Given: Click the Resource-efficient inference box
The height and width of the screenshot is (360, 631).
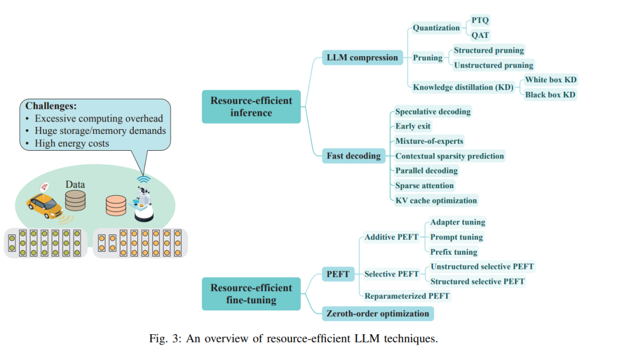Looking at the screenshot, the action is [251, 107].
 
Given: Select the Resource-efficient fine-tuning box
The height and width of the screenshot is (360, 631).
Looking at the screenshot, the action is [251, 294].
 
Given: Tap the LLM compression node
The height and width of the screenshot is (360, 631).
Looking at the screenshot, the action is [362, 58].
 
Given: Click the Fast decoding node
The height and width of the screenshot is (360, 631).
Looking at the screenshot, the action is [353, 156].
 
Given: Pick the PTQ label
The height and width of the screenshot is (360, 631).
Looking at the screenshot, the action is [480, 20].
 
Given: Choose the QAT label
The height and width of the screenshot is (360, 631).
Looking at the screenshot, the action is [480, 35].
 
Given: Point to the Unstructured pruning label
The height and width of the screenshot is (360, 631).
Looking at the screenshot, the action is [493, 65].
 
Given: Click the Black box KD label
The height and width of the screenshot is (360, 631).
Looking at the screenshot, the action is [550, 95].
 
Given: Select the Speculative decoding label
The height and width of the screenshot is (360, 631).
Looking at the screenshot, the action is [432, 112].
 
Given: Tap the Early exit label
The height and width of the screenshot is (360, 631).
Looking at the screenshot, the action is [413, 126].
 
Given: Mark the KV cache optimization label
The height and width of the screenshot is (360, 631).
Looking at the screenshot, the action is [436, 200].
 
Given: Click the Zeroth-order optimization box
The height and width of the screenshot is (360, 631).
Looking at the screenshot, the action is [378, 314].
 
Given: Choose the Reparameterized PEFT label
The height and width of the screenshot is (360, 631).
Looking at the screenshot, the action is [407, 296].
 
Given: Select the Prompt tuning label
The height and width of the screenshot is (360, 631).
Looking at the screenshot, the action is [456, 237].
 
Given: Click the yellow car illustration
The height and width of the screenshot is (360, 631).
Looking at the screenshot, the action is [45, 205].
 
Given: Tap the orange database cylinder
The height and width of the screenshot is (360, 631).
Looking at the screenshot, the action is [116, 205].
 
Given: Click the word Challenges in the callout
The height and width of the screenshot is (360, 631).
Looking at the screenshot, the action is [51, 106].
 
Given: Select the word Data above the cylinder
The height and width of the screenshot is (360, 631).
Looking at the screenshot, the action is [75, 185].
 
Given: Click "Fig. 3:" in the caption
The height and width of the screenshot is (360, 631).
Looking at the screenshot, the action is [165, 338].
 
